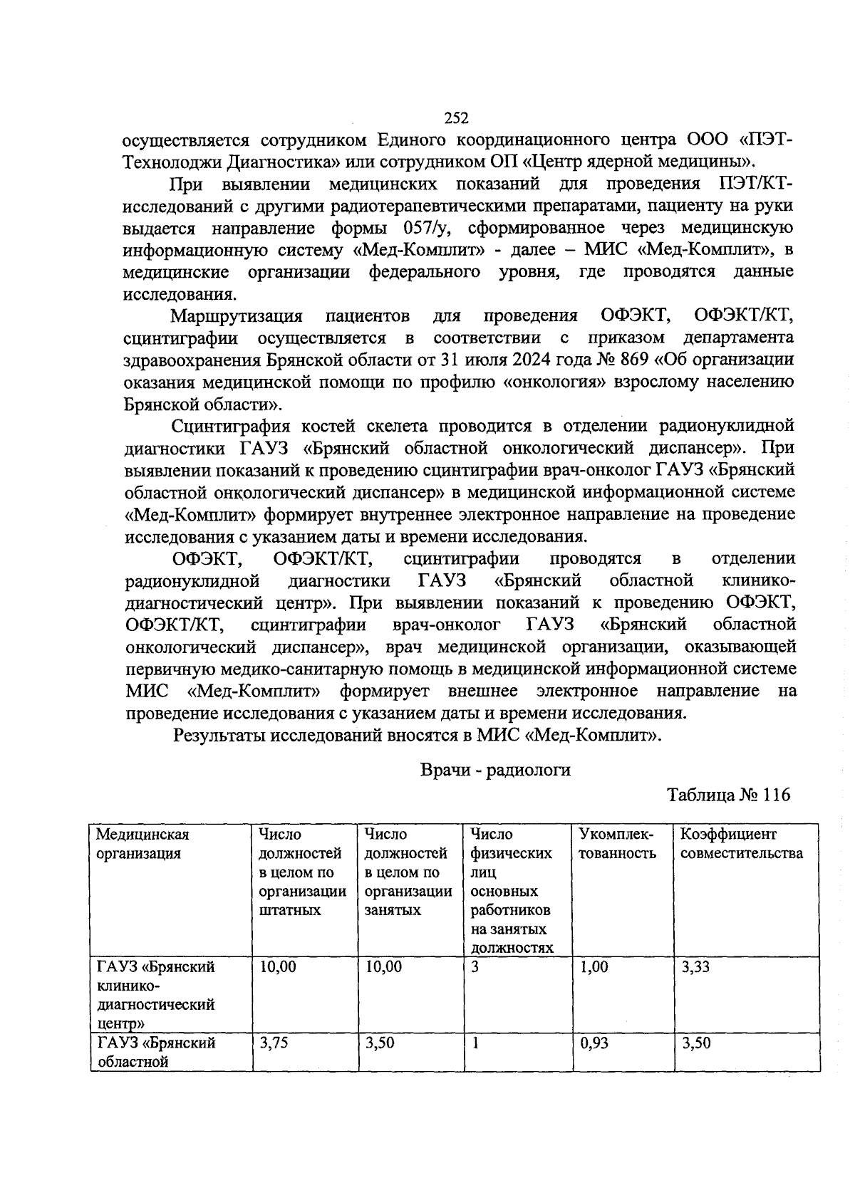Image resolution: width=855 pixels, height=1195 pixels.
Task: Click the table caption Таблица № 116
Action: click(x=728, y=795)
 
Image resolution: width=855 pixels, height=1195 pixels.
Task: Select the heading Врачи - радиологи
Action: click(x=495, y=769)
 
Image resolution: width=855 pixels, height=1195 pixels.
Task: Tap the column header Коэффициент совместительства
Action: click(x=741, y=844)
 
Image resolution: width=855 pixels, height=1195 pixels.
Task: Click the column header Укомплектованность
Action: click(x=617, y=844)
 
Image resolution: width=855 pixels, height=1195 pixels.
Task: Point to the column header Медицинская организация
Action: click(x=142, y=844)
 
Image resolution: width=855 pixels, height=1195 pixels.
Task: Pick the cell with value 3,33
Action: click(x=695, y=967)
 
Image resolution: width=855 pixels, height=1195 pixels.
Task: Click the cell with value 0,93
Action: click(x=594, y=1043)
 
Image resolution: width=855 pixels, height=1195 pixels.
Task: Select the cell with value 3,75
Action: click(x=274, y=1043)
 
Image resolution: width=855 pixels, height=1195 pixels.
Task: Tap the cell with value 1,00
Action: click(x=594, y=967)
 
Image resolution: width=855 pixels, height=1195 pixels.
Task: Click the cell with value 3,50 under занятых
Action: click(x=380, y=1043)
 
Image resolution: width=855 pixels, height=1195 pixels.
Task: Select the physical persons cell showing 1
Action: click(x=475, y=1043)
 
